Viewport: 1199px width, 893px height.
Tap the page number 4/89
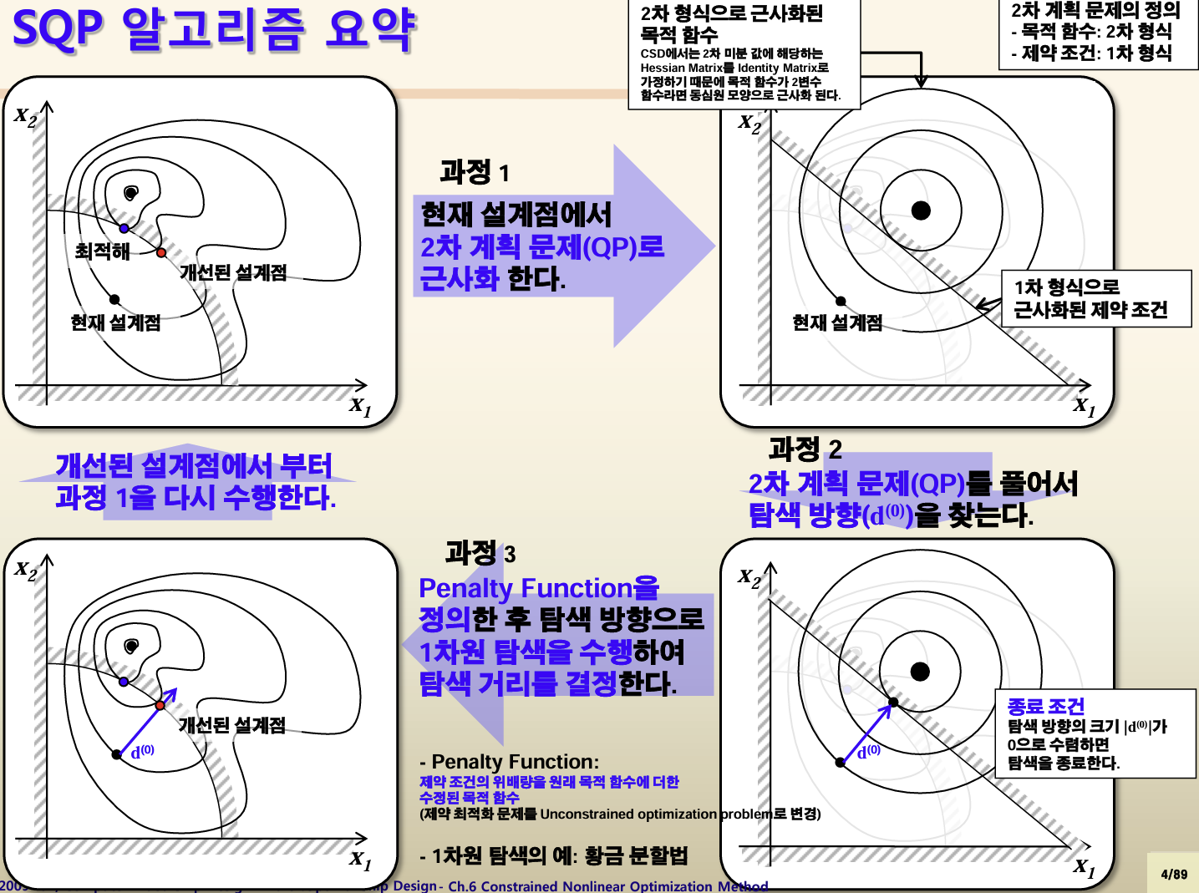click(x=1173, y=874)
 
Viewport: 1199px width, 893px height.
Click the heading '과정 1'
click(x=474, y=172)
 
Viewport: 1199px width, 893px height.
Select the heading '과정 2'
click(x=805, y=449)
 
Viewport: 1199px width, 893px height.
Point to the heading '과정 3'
click(x=480, y=552)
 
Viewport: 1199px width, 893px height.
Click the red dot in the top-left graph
click(x=161, y=252)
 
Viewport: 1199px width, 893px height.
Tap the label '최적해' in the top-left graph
click(x=102, y=251)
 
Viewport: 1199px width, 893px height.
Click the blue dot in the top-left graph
click(x=124, y=228)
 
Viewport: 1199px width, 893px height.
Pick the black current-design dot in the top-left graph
click(x=114, y=299)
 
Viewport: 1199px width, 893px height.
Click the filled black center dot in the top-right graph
click(x=921, y=210)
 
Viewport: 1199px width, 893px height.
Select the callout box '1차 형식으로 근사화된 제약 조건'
click(x=1096, y=298)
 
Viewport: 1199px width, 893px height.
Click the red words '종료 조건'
click(x=1046, y=707)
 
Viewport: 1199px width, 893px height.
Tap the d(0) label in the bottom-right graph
click(x=868, y=752)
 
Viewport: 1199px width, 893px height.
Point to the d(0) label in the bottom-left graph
click(x=143, y=752)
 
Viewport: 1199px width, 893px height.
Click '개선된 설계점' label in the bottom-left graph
click(x=231, y=724)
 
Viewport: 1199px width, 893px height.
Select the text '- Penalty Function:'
click(x=509, y=762)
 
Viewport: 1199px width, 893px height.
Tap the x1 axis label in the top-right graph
click(x=1085, y=406)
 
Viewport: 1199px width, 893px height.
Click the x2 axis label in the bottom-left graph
click(x=26, y=571)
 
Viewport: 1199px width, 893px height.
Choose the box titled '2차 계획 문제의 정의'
click(x=1098, y=33)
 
